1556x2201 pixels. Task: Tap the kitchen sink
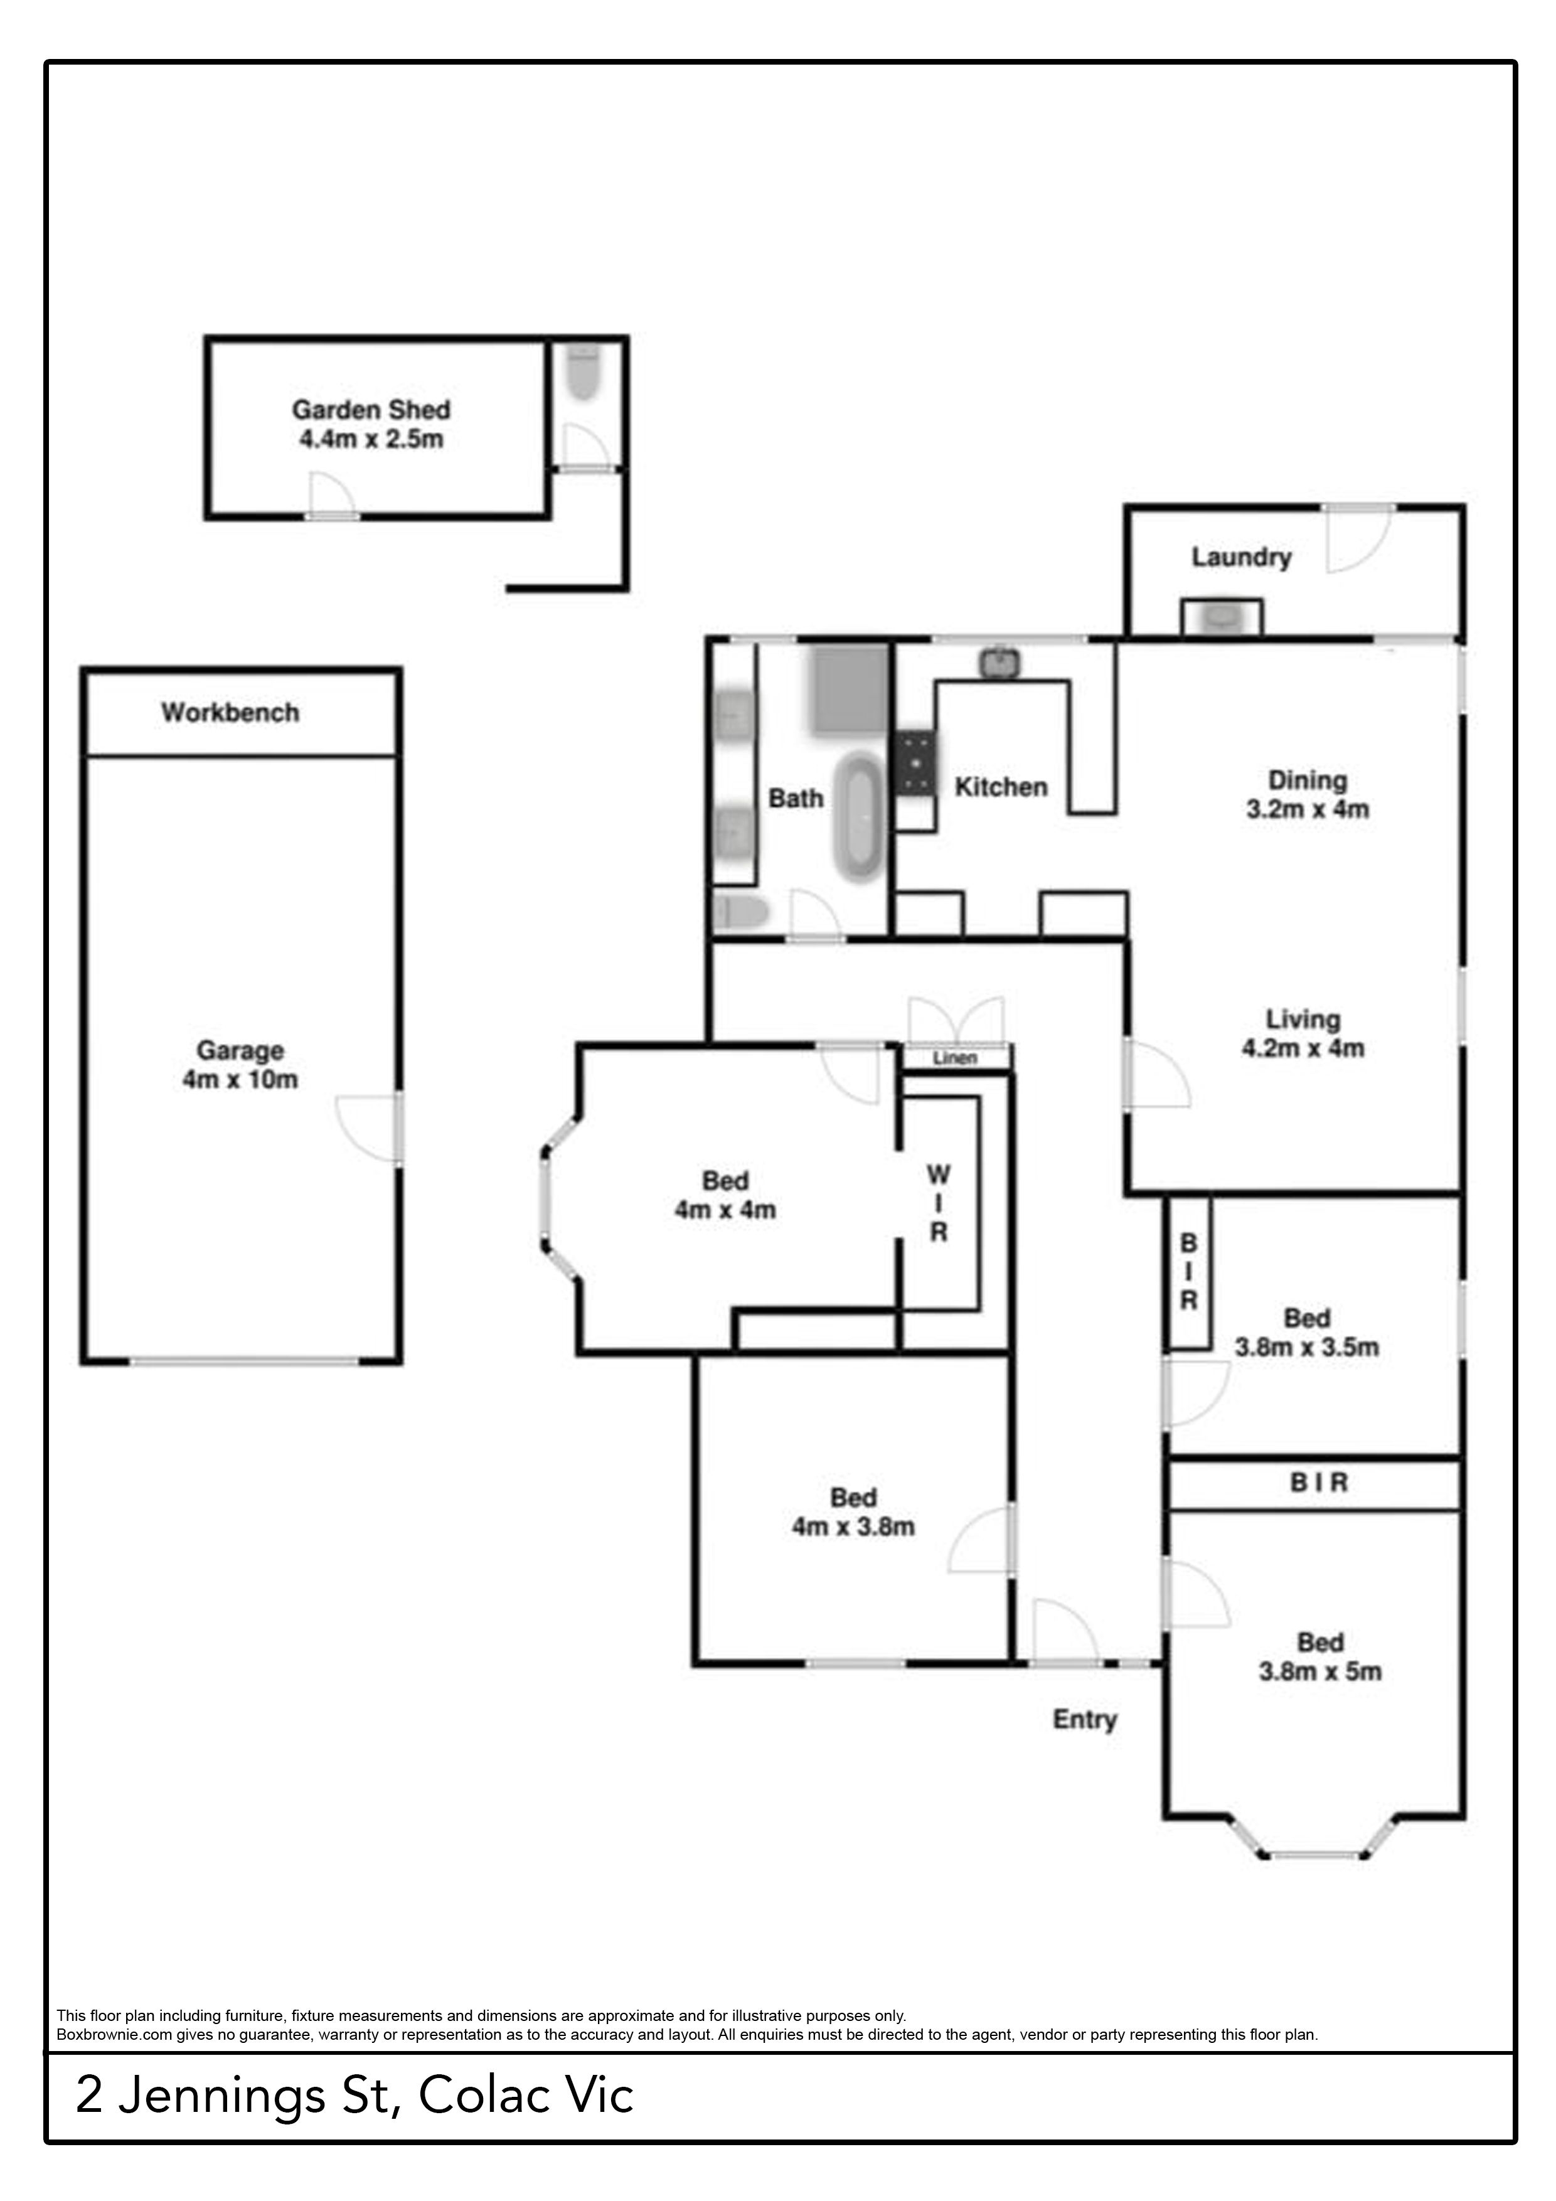pos(1000,661)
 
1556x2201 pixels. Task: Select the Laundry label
pos(1242,557)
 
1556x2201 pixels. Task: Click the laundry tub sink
pos(1222,617)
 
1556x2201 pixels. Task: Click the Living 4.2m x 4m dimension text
pos(1303,1048)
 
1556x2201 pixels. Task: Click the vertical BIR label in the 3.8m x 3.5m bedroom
pos(1189,1272)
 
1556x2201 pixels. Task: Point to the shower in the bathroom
pos(850,690)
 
